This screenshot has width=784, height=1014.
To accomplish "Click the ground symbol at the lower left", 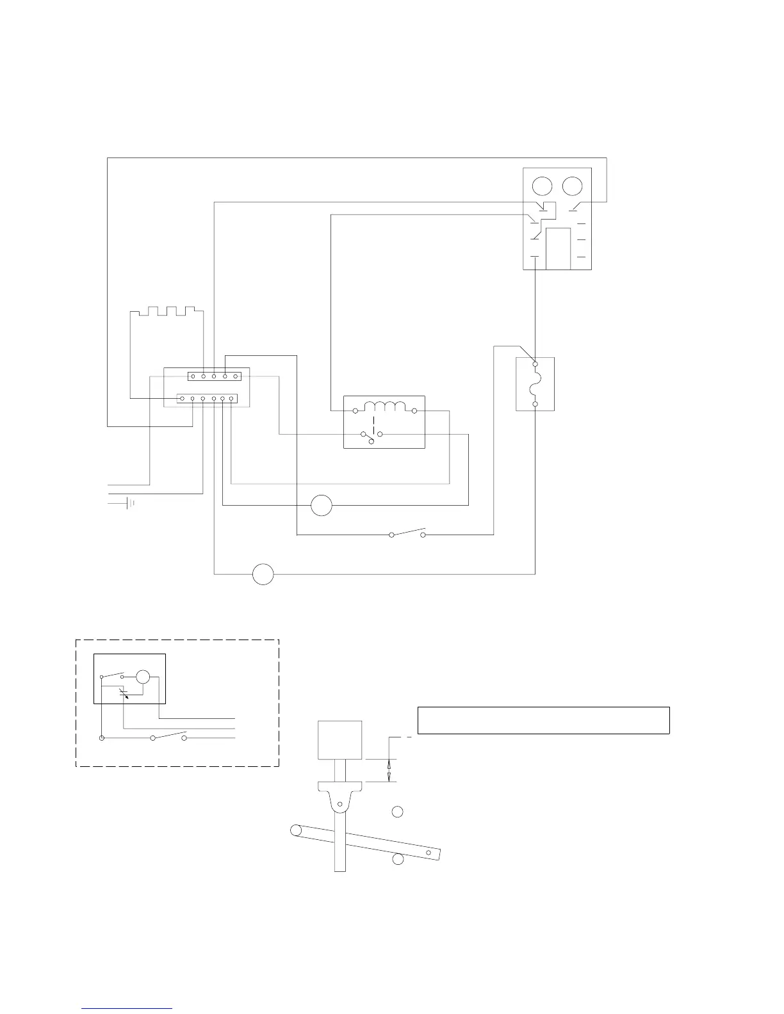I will point(130,503).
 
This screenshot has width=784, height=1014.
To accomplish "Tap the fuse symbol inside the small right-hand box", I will point(535,384).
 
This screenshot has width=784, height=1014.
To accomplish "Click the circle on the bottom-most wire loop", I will point(263,574).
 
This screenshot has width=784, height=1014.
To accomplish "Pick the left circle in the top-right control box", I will point(542,186).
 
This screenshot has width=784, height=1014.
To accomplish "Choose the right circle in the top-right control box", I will point(572,186).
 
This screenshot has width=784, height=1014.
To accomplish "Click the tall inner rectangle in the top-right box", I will point(558,248).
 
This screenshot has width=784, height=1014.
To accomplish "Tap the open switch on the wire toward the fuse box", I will point(407,532).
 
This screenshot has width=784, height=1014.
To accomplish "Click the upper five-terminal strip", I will point(215,376).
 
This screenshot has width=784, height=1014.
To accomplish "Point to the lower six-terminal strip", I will point(208,399).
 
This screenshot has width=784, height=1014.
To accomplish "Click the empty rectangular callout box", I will point(543,720).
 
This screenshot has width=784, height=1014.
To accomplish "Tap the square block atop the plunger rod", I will point(340,741).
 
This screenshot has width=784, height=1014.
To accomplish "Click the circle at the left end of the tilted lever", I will point(295,830).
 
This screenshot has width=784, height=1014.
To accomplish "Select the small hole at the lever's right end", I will point(429,853).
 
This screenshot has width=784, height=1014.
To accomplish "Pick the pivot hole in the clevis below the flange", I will point(340,804).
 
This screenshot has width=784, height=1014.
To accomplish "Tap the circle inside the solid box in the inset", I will point(143,677).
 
